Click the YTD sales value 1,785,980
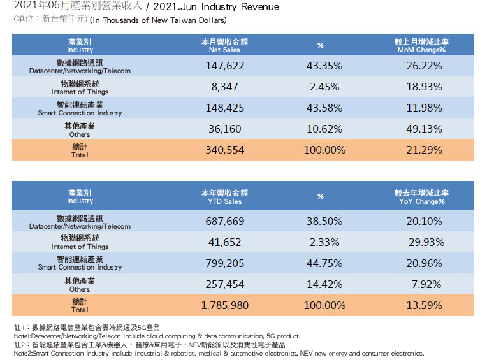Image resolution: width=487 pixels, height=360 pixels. coord(224,305)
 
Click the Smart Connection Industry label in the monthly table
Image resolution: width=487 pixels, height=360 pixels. coord(80,108)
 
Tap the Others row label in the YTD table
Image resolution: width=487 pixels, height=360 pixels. coord(80,284)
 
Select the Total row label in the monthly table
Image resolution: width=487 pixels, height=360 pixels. coord(80,151)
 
